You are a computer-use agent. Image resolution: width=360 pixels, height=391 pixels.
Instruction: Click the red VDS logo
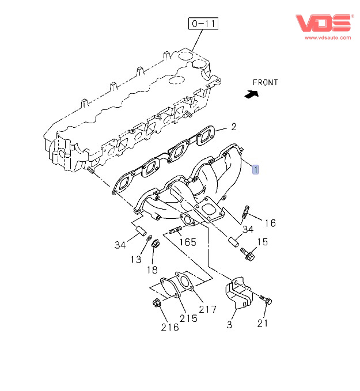[323, 23]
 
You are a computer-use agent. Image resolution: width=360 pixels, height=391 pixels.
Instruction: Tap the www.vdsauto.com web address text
[326, 37]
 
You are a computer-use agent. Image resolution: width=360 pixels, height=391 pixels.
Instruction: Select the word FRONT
[266, 82]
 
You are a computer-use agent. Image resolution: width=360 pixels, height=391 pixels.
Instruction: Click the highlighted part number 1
[255, 169]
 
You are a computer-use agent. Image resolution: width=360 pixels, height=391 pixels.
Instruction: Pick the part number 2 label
[234, 127]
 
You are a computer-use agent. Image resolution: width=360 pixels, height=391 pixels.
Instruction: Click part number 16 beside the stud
[270, 223]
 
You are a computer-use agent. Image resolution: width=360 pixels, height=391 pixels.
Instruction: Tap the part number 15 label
[262, 242]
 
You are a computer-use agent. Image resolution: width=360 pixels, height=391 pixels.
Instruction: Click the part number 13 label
[135, 260]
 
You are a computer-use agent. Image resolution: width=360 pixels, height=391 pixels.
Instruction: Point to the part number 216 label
[169, 327]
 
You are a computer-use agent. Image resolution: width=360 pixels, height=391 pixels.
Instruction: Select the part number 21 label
[263, 323]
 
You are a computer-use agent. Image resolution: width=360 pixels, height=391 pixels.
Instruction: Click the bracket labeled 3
[238, 293]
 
